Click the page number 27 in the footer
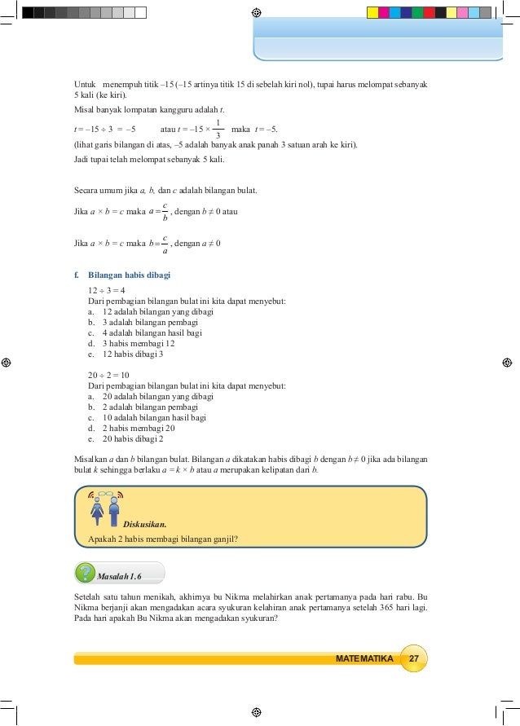tap(414, 658)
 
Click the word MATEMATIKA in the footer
tap(364, 658)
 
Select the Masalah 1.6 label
tap(119, 576)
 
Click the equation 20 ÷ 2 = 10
tap(108, 375)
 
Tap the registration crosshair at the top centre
tap(257, 13)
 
